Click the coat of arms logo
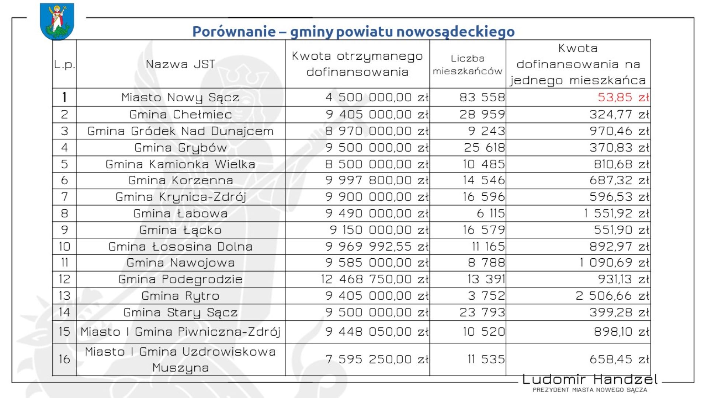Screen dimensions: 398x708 [57, 21]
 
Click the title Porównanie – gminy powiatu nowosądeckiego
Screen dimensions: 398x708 [353, 31]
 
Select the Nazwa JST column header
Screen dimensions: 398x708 [180, 64]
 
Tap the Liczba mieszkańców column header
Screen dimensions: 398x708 [467, 64]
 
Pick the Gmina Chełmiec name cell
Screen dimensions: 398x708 [180, 115]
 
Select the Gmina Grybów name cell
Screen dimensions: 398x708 [180, 148]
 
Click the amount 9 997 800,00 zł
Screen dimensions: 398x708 [376, 181]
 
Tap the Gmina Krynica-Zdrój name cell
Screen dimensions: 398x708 [180, 197]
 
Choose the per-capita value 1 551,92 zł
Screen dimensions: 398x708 [616, 214]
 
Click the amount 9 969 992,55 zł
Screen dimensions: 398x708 [376, 247]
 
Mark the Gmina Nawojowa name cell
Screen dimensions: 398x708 [180, 263]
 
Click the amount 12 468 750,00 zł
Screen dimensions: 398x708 [374, 279]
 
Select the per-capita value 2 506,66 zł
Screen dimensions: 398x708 [612, 296]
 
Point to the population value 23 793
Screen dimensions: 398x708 [482, 313]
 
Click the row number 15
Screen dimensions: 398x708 [64, 332]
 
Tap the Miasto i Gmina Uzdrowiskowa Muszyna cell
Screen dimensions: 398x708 [180, 359]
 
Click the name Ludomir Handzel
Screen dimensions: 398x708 [590, 379]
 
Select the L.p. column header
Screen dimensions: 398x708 [65, 64]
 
